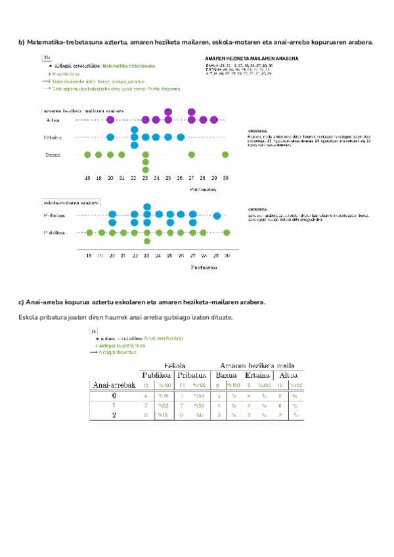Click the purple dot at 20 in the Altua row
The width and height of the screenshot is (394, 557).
pyautogui.click(x=110, y=120)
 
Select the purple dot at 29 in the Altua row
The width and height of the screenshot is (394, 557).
pyautogui.click(x=214, y=120)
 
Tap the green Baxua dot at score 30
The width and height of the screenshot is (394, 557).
pyautogui.click(x=225, y=155)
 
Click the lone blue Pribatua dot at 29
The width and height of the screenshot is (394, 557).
pyautogui.click(x=217, y=215)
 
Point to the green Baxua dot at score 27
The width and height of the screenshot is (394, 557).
pyautogui.click(x=191, y=155)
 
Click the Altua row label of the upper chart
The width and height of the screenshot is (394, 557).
pyautogui.click(x=53, y=120)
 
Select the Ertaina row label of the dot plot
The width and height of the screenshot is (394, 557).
pyautogui.click(x=53, y=137)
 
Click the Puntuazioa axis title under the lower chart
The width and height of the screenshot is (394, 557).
pyautogui.click(x=206, y=267)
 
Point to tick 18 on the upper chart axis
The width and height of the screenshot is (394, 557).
pyautogui.click(x=88, y=178)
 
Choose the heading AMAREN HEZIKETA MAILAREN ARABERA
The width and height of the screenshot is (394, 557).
pyautogui.click(x=252, y=58)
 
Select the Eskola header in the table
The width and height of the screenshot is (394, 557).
pyautogui.click(x=173, y=365)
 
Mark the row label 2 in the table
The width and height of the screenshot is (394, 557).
pyautogui.click(x=114, y=415)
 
